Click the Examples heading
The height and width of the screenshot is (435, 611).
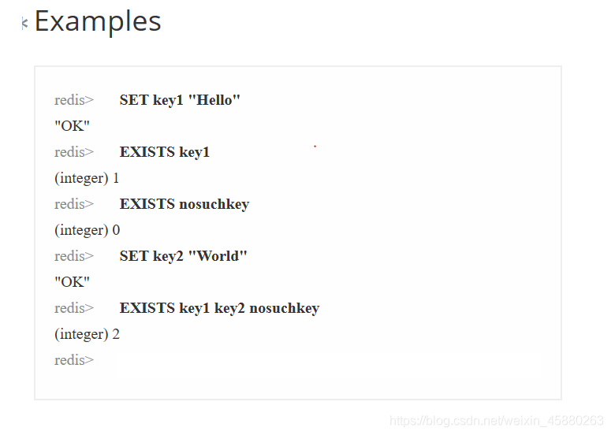coord(98,22)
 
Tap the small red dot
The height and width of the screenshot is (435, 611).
coord(315,147)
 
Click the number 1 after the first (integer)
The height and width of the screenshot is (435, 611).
coord(116,178)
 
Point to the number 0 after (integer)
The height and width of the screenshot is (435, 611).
coord(116,230)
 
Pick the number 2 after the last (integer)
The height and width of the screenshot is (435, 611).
coord(116,334)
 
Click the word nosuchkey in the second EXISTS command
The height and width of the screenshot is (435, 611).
coord(214,204)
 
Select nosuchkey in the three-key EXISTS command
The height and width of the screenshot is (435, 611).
coord(284,308)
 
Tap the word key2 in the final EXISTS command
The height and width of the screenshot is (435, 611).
coord(229,308)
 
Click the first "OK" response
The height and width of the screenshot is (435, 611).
coord(72,126)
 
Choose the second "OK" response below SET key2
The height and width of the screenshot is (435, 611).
coord(72,282)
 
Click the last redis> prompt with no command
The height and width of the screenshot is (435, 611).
coord(74,360)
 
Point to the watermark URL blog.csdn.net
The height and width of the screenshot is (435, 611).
coord(497,421)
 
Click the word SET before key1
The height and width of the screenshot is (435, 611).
coord(134,100)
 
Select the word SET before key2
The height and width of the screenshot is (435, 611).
coord(134,256)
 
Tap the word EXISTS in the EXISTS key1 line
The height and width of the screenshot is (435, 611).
coord(147,152)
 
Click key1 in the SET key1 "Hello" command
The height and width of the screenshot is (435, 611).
coord(168,100)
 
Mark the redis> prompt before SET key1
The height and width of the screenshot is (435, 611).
coord(74,100)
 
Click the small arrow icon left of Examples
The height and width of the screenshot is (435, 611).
coord(24,24)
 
